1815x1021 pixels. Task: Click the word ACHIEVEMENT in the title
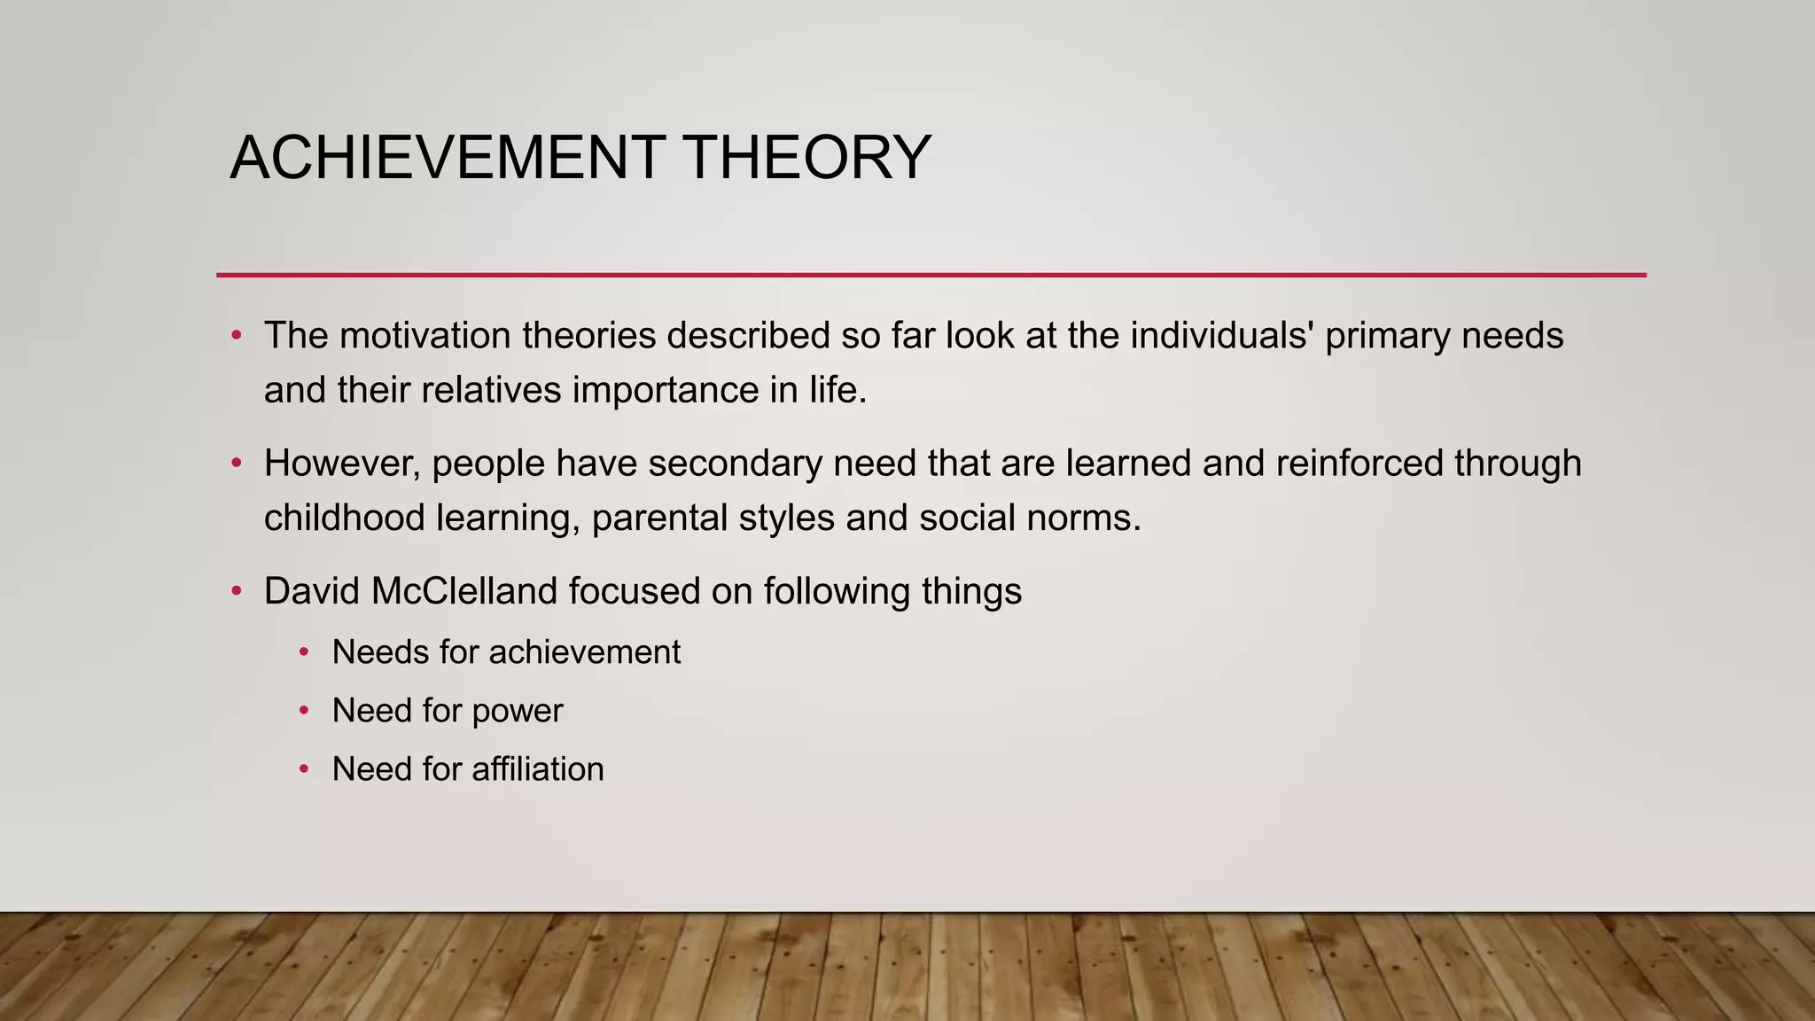[448, 158]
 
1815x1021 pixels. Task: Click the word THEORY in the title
[807, 158]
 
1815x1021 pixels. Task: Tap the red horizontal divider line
[931, 275]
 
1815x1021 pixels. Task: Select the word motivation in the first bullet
[425, 336]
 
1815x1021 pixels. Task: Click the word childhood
[344, 518]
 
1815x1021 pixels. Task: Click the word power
[518, 712]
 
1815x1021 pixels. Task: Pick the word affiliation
[537, 769]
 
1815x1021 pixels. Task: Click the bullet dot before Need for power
[304, 711]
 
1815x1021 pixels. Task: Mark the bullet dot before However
[236, 464]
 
